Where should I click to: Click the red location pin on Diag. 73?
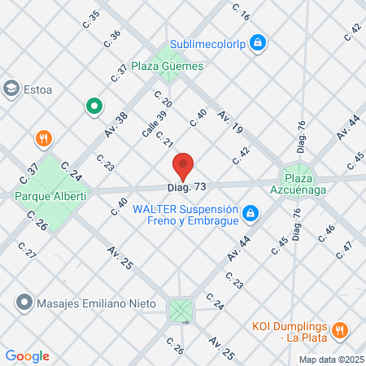tap(183, 165)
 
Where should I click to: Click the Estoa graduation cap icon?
tap(12, 88)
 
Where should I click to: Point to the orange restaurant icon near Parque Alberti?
tap(45, 138)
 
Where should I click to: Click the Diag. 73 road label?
tap(188, 188)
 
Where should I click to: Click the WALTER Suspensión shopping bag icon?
tap(251, 214)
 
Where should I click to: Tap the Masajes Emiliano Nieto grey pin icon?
tap(23, 303)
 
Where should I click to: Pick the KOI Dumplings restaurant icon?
tap(341, 330)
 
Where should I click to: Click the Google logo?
tap(27, 356)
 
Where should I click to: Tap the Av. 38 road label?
tap(115, 123)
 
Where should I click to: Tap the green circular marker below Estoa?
tap(94, 106)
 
